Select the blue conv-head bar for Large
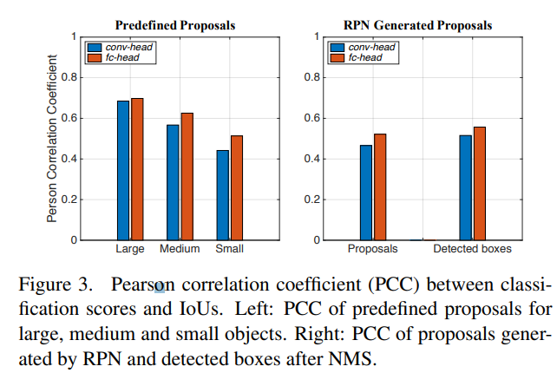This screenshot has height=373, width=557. tap(123, 170)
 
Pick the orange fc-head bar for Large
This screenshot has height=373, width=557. tap(137, 169)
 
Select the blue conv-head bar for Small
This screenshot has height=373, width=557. tap(223, 195)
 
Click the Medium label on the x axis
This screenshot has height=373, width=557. tap(180, 249)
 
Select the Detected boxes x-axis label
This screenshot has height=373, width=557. tap(472, 249)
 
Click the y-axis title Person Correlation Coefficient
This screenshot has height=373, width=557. tap(53, 139)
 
